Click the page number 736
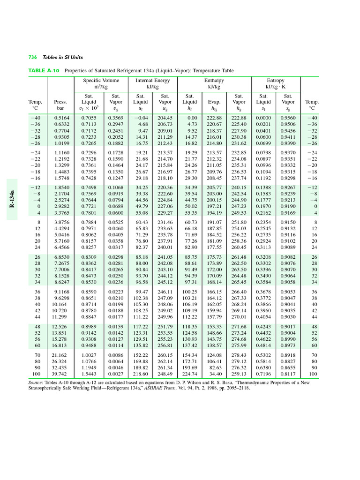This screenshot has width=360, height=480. [32, 57]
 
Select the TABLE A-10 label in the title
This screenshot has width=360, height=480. [44, 71]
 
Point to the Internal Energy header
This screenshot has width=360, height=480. [153, 81]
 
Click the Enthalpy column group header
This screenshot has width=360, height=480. [214, 81]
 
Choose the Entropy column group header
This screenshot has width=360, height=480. [275, 81]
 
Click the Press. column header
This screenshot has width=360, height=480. [61, 102]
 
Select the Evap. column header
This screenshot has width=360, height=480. [214, 102]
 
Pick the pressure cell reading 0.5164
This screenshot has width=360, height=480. [61, 118]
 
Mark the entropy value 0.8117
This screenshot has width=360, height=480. [288, 375]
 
